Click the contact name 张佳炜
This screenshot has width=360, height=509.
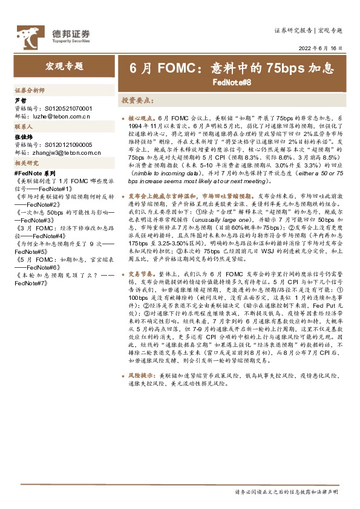(x=24, y=138)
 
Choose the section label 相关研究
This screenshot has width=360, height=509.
(x=26, y=164)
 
